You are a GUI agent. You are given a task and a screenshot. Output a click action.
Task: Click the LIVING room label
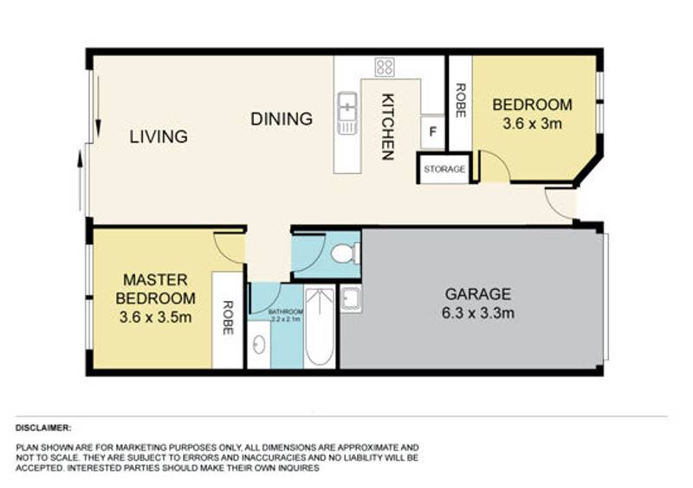pyautogui.click(x=159, y=137)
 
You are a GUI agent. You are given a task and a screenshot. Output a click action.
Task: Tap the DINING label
pyautogui.click(x=282, y=119)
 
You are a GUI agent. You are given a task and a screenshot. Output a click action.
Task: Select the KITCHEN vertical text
pyautogui.click(x=388, y=126)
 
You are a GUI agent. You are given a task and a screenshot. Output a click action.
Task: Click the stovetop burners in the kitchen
pyautogui.click(x=384, y=67)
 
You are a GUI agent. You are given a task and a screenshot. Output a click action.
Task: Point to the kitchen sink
pyautogui.click(x=347, y=112)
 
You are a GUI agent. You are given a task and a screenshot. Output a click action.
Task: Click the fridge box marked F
pyautogui.click(x=432, y=132)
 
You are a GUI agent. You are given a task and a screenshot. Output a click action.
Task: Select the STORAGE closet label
pyautogui.click(x=444, y=169)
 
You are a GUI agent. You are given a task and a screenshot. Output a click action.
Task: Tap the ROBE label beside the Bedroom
pyautogui.click(x=460, y=100)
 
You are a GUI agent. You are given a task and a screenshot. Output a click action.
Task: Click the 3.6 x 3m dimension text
pyautogui.click(x=532, y=123)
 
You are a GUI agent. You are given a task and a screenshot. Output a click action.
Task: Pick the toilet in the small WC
pyautogui.click(x=343, y=254)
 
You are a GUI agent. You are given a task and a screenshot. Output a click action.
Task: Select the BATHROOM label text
pyautogui.click(x=285, y=311)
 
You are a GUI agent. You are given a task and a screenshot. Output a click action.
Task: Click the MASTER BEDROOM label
pyautogui.click(x=156, y=288)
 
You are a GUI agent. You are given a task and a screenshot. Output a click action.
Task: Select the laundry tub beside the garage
pyautogui.click(x=351, y=299)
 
